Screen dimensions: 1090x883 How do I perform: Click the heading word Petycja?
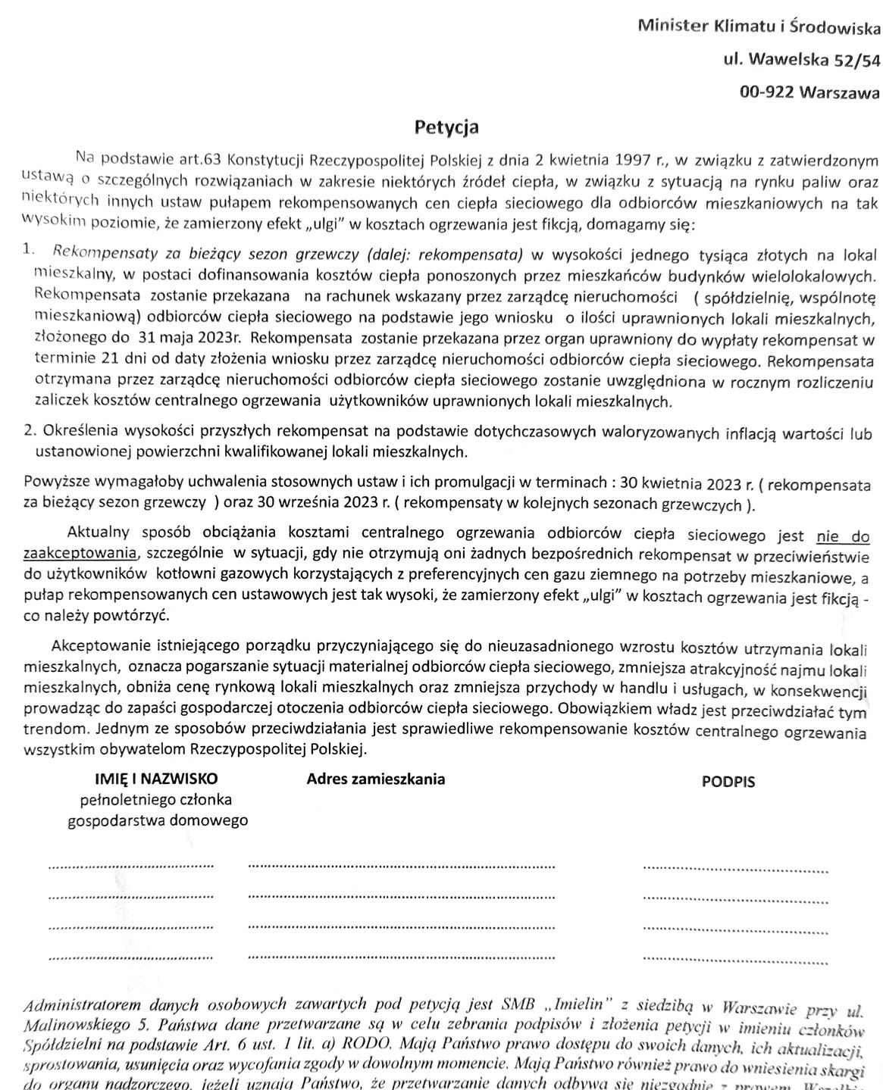point(446,127)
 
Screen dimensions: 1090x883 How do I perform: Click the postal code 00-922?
point(767,92)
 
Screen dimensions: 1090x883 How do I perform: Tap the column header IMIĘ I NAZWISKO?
point(156,779)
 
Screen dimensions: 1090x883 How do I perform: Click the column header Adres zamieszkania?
point(375,779)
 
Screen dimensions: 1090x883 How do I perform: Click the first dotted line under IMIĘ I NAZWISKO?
point(130,864)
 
